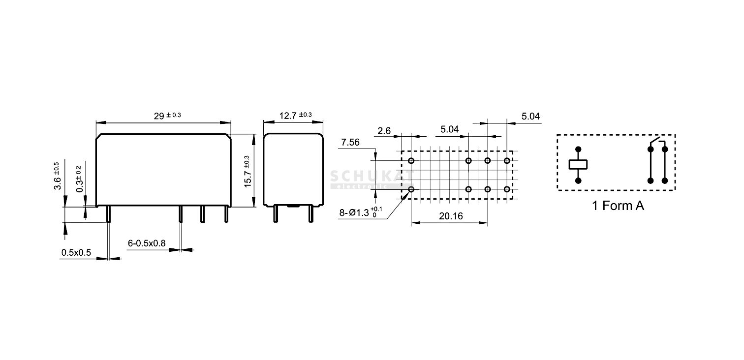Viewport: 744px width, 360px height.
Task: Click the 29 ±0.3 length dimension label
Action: click(x=167, y=116)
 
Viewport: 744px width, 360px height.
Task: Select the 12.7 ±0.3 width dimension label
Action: click(x=295, y=115)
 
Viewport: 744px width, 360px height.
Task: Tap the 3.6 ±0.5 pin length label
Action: click(x=57, y=176)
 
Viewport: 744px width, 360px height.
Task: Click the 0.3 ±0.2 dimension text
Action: click(x=79, y=180)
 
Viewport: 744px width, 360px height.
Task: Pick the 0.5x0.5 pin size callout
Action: click(x=76, y=253)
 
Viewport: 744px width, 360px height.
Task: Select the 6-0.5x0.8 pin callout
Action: click(x=147, y=243)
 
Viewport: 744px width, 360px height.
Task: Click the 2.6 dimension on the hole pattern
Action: click(x=384, y=131)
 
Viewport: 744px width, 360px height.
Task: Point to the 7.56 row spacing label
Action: click(x=350, y=142)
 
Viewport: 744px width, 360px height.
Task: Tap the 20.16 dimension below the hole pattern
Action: click(x=451, y=216)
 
